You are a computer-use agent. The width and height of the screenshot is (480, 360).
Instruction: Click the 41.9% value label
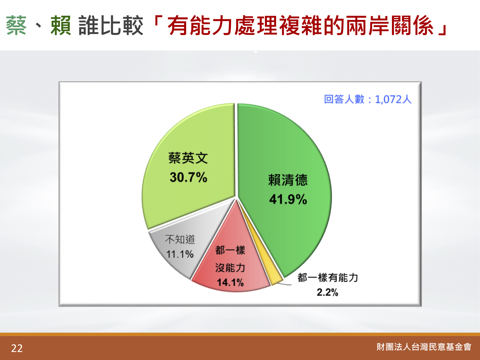pyautogui.click(x=288, y=199)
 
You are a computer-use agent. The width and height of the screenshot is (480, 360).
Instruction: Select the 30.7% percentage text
pyautogui.click(x=188, y=177)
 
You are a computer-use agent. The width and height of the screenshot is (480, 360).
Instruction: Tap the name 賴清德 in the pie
pyautogui.click(x=288, y=180)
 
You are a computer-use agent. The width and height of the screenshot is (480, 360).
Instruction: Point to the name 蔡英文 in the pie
pyautogui.click(x=188, y=158)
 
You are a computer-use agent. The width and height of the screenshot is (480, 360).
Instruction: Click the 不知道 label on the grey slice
pyautogui.click(x=180, y=239)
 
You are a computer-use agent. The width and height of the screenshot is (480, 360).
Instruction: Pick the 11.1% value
pyautogui.click(x=180, y=254)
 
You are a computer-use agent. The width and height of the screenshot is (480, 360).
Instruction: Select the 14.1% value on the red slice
pyautogui.click(x=230, y=282)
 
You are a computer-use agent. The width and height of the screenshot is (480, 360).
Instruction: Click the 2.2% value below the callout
pyautogui.click(x=327, y=292)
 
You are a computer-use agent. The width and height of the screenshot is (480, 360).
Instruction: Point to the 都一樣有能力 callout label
pyautogui.click(x=328, y=277)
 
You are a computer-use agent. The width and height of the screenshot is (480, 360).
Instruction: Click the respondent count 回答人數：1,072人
pyautogui.click(x=368, y=99)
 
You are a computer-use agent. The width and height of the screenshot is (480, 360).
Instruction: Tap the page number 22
pyautogui.click(x=17, y=348)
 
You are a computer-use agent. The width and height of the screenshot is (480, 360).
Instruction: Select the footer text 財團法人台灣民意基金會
pyautogui.click(x=424, y=347)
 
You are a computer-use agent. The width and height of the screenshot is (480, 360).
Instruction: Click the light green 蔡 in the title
pyautogui.click(x=16, y=26)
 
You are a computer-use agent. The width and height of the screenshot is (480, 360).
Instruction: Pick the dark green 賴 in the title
pyautogui.click(x=61, y=26)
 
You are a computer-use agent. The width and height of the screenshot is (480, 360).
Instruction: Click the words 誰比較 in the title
pyautogui.click(x=111, y=26)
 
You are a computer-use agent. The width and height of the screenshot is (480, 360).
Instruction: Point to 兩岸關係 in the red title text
pyautogui.click(x=390, y=26)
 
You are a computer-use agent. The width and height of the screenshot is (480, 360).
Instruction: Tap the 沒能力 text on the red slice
pyautogui.click(x=230, y=268)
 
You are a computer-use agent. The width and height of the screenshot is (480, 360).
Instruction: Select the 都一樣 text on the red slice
pyautogui.click(x=230, y=250)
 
